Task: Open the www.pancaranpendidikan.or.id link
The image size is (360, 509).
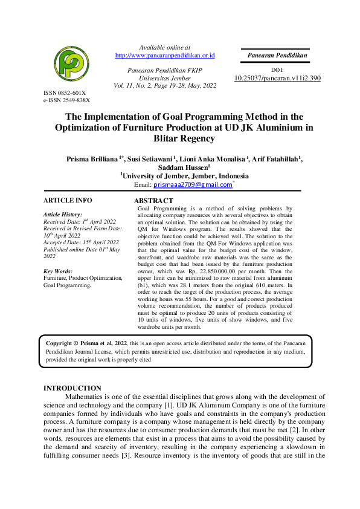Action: point(165,56)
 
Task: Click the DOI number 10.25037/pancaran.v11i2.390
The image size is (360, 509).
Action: point(277,79)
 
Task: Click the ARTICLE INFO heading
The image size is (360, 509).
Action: point(68,199)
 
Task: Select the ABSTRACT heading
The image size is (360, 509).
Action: point(153,201)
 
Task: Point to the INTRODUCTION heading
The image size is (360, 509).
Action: point(72,388)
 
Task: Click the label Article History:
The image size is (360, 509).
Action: point(63,215)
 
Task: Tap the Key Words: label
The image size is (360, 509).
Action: point(58,271)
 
